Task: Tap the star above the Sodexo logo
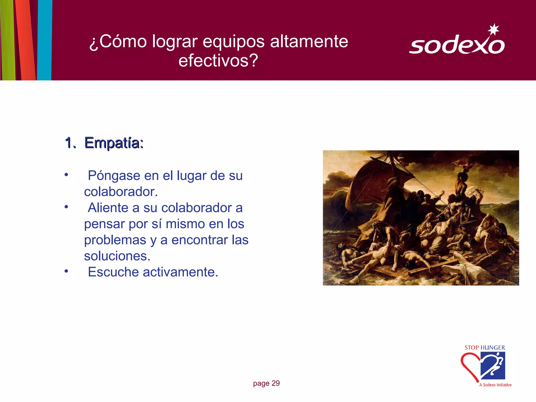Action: [x=494, y=29]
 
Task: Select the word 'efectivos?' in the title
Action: [x=218, y=60]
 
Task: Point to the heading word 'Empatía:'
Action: [x=114, y=143]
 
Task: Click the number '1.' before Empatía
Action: [x=70, y=143]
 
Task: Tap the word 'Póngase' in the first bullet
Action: [x=114, y=176]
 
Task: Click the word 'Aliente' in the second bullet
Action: [x=108, y=208]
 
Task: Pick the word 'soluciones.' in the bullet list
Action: [x=117, y=256]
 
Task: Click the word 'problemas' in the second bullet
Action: [x=115, y=240]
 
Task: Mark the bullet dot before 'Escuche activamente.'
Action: [x=66, y=271]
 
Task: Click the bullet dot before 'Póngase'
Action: [x=66, y=174]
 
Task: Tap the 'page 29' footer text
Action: [x=266, y=383]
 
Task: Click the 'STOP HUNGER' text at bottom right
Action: [x=485, y=348]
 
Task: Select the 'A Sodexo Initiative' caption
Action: [x=495, y=385]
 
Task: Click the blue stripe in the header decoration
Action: [x=45, y=39]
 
